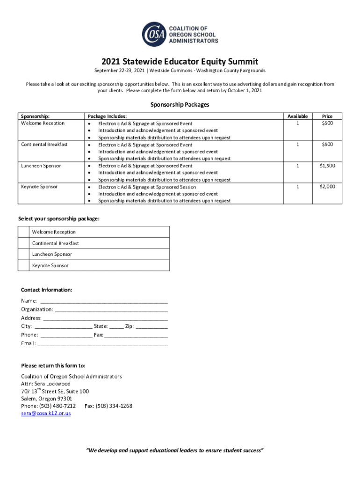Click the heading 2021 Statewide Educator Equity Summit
point(180,61)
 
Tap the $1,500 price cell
point(327,166)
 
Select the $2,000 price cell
point(327,187)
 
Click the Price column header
point(327,116)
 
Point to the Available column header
point(297,116)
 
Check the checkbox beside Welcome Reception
point(23,232)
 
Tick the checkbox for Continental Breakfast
point(23,243)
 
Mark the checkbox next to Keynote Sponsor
point(23,266)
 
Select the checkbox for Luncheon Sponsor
point(23,254)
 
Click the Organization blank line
point(111,310)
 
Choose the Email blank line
point(102,344)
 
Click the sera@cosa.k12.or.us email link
point(46,414)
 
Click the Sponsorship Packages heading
point(180,105)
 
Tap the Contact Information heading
point(47,290)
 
